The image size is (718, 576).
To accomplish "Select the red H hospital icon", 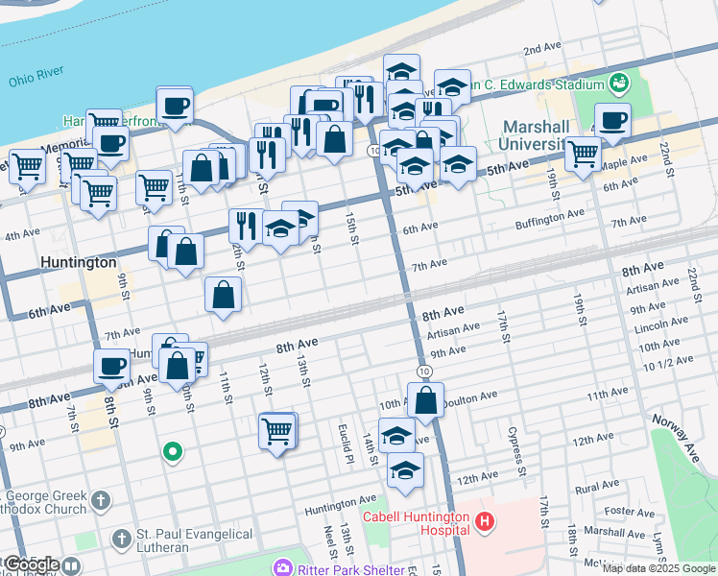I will click(x=485, y=521).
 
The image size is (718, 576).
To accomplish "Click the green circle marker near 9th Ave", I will click(x=173, y=450).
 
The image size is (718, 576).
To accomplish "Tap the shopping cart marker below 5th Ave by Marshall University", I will click(x=583, y=153).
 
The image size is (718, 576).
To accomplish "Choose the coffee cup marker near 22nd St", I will click(x=612, y=120).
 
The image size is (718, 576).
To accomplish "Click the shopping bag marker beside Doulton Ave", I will click(x=426, y=398).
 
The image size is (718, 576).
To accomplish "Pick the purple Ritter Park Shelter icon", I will click(x=281, y=566).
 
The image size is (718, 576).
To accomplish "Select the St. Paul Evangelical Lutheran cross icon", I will click(x=121, y=540).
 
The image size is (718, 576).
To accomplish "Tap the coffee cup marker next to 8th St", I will click(x=111, y=365).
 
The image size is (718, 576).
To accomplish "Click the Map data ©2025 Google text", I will click(x=658, y=568).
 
